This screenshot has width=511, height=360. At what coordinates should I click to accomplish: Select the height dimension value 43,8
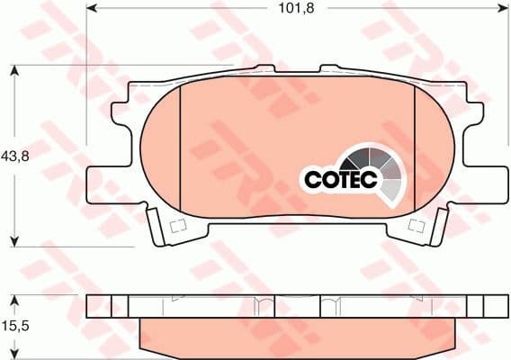16,155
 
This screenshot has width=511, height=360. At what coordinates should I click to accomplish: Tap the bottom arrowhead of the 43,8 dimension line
16,239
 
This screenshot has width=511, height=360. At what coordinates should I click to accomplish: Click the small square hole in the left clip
176,224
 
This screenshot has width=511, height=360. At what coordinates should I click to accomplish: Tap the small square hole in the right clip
417,224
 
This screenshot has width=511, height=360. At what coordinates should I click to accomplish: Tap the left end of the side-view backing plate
94,306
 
